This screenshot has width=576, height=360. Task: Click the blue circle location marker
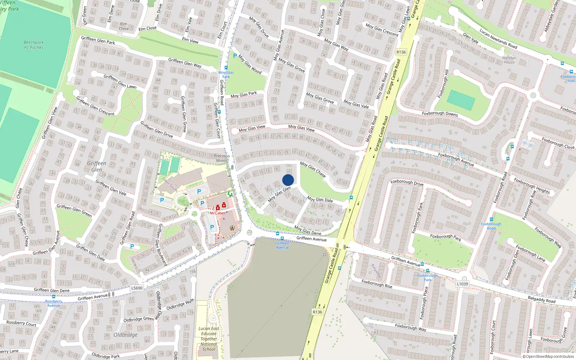[288, 180]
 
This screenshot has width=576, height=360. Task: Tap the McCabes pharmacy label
[218, 213]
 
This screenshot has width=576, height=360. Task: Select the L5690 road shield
[137, 288]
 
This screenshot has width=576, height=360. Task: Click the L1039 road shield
[462, 284]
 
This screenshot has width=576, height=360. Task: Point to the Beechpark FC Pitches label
[33, 45]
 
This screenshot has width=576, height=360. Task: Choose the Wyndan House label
[509, 60]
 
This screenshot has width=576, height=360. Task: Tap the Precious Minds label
[222, 158]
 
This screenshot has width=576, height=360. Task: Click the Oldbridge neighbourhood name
[126, 335]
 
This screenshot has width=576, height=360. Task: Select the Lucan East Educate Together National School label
[209, 339]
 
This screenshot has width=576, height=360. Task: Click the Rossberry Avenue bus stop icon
[54, 297]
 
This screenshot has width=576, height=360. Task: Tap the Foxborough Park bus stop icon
[427, 271]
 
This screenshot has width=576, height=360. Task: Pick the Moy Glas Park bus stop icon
[226, 68]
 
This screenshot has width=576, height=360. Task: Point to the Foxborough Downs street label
[440, 113]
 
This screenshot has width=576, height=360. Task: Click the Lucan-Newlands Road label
[498, 39]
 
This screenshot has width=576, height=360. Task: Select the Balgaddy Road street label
[541, 299]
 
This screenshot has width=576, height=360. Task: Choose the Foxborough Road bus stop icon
[491, 219]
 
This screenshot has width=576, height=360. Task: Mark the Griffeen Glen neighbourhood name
[96, 166]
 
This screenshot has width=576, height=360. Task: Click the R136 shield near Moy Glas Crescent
[401, 52]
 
